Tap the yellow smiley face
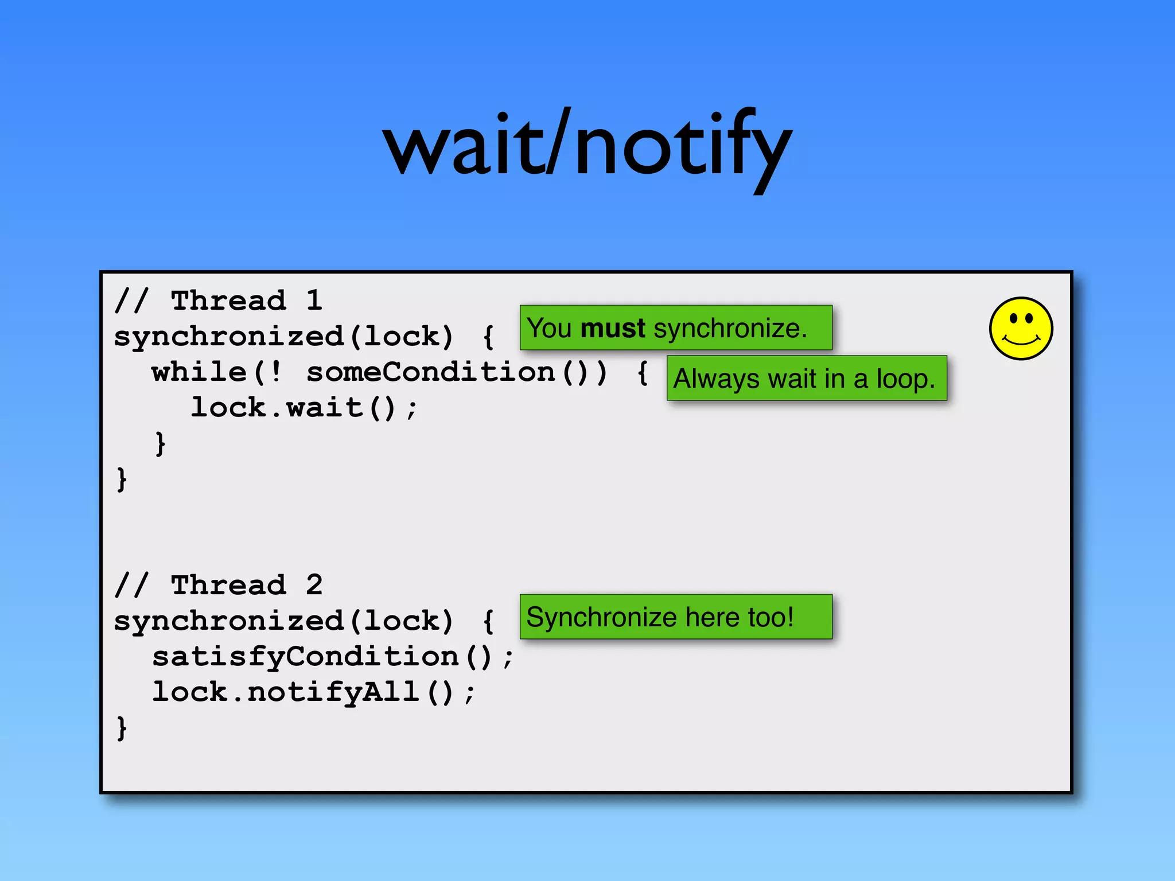click(x=1021, y=329)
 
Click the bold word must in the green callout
click(x=613, y=329)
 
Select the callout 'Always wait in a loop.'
click(x=806, y=379)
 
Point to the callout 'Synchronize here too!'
click(x=675, y=617)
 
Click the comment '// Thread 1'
click(x=218, y=301)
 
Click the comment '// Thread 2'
click(x=218, y=585)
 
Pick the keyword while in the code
click(x=199, y=372)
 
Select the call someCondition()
click(x=456, y=372)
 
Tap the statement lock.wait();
click(x=304, y=408)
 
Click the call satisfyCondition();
click(x=332, y=657)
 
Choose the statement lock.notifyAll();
click(x=313, y=692)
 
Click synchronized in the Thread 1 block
click(x=228, y=336)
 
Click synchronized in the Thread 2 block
click(x=228, y=621)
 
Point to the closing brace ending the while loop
click(x=160, y=443)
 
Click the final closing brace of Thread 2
click(x=121, y=728)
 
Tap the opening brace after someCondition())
click(x=643, y=372)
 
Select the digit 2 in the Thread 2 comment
click(x=314, y=585)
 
